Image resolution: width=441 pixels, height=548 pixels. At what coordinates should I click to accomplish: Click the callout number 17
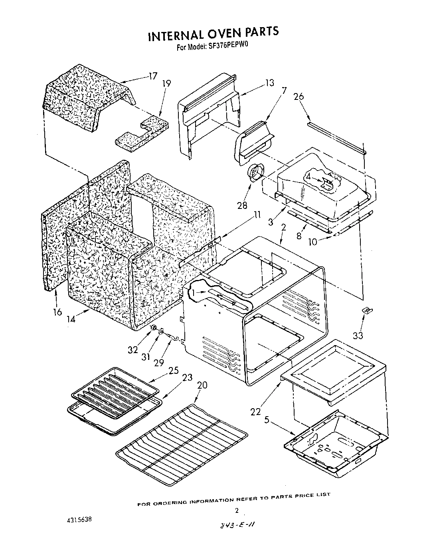click(x=152, y=76)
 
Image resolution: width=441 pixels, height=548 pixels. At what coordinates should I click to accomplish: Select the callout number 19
click(x=166, y=83)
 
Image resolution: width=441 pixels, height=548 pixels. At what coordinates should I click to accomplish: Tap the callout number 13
click(x=269, y=83)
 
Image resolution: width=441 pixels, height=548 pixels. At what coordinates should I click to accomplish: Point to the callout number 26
click(x=299, y=96)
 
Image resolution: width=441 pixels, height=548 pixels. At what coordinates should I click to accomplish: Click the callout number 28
click(x=242, y=206)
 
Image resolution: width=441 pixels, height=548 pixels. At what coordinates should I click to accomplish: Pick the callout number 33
click(x=358, y=336)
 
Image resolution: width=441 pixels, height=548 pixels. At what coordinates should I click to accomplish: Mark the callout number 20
click(x=202, y=385)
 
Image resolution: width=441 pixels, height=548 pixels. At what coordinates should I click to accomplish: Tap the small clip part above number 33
click(x=365, y=310)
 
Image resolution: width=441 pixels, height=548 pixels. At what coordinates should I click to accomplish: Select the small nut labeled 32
click(x=152, y=328)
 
